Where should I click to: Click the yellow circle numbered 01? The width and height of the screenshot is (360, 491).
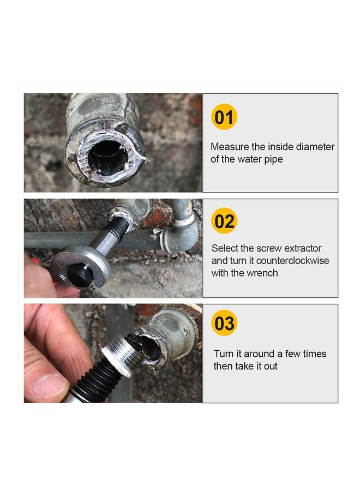(224, 118)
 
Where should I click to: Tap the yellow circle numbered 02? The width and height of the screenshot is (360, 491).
(224, 221)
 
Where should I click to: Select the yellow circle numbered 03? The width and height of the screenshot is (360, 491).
(224, 324)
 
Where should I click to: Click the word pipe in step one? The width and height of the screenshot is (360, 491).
(273, 159)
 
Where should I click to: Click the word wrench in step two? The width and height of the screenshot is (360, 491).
(263, 273)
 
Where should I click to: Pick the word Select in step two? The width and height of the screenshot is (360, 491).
(225, 248)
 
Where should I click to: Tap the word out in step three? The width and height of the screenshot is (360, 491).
(271, 366)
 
